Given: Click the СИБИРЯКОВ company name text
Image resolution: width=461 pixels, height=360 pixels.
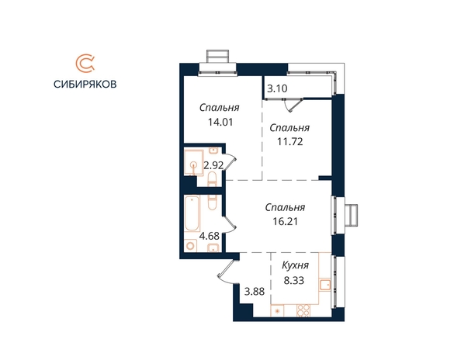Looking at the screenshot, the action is click(85, 85).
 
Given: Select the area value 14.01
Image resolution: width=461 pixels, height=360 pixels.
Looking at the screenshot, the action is click(220, 122).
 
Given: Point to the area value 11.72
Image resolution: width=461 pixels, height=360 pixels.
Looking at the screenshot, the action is click(290, 142).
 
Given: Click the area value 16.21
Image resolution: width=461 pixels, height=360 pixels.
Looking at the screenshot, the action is click(285, 221).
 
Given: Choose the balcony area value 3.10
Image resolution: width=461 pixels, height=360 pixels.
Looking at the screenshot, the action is click(277, 88).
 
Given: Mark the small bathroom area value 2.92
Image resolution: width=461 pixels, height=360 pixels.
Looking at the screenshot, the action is click(213, 165).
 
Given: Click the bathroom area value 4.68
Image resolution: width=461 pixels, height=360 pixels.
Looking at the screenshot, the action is click(210, 236).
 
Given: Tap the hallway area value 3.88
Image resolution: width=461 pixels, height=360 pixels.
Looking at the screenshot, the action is click(255, 292).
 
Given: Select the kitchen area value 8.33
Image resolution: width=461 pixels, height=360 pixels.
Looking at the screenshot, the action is click(293, 280).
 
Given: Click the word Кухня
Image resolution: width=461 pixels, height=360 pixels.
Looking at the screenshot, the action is click(295, 265).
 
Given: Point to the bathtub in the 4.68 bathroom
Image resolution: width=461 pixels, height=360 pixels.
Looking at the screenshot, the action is click(192, 213).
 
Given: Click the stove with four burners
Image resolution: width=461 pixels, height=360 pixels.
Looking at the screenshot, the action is click(303, 310).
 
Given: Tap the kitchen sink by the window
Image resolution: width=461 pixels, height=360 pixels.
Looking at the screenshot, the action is click(324, 285).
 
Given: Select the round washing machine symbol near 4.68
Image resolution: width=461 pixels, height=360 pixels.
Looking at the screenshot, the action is click(190, 245).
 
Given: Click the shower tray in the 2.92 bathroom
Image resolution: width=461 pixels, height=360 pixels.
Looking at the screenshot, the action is click(194, 162).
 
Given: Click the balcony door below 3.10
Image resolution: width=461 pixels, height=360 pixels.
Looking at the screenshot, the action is click(296, 105).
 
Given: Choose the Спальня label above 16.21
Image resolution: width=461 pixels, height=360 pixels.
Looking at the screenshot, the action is click(285, 207).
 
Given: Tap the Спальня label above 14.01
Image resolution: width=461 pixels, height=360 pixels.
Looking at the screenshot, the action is click(220, 108).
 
